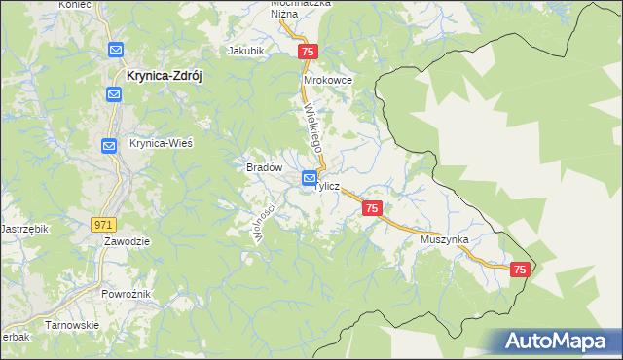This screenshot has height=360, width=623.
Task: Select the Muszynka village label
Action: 446,238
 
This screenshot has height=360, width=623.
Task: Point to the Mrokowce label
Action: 328,80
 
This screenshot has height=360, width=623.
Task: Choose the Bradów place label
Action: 264,167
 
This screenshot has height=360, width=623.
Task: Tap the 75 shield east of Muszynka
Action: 520,270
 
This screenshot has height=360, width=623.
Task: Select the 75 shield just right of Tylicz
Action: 372,208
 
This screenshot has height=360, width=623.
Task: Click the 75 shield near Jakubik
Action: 308,52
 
